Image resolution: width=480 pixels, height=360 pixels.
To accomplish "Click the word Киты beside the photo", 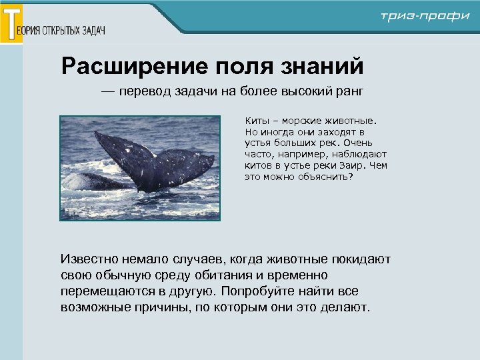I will coord(257,121).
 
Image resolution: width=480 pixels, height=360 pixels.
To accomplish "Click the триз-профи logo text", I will coord(425,17).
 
